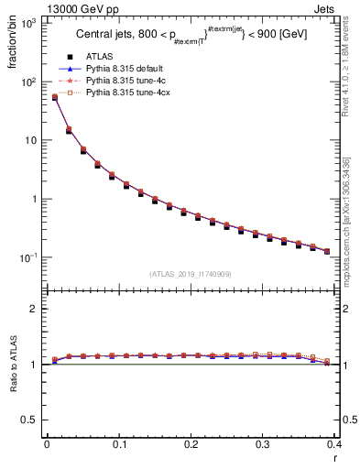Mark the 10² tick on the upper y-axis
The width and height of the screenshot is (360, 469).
coord(29,82)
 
